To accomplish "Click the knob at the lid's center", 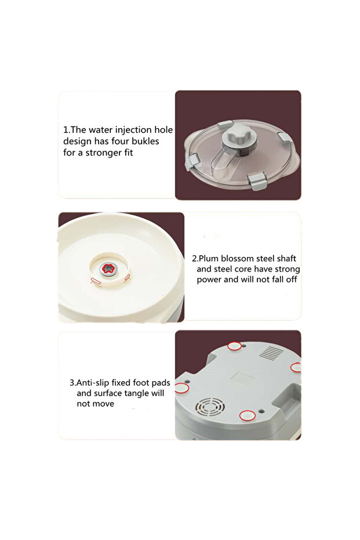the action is point(239,137).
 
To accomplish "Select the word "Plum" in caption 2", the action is point(209,258).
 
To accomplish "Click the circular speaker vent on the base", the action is point(210,407).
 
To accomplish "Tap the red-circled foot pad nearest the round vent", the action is point(248,416).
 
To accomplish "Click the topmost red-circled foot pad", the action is point(235,346).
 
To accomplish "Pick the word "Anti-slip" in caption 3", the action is point(93,383).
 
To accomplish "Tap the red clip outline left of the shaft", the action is point(96,281).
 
